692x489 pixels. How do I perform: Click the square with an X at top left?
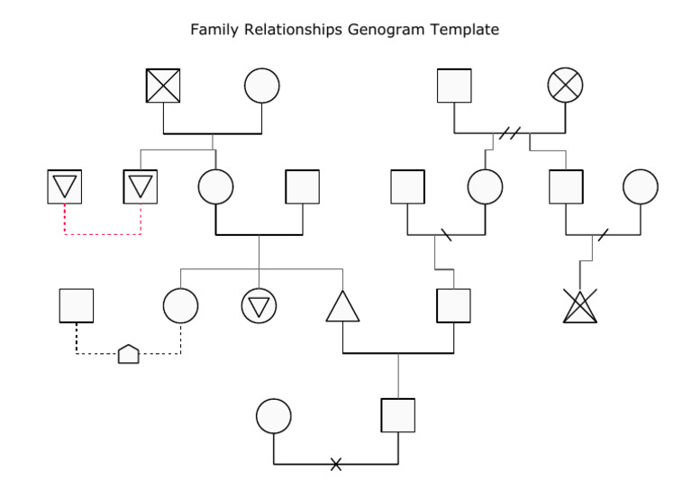tap(163, 86)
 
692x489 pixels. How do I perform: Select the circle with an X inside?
tap(565, 86)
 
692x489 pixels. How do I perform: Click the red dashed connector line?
tap(102, 234)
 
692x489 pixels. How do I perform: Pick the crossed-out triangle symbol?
tap(579, 307)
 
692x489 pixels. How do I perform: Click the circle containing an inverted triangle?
tap(259, 306)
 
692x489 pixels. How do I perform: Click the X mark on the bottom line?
tap(336, 464)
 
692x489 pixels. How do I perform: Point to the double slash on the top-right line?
tap(510, 134)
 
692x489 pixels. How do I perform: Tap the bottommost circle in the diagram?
tap(274, 416)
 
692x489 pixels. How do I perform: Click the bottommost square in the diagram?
tap(397, 415)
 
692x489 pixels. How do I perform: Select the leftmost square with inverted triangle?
tap(64, 186)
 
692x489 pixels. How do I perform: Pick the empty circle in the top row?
tap(262, 86)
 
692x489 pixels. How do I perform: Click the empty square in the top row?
tap(454, 86)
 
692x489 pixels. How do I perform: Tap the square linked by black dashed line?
tap(77, 306)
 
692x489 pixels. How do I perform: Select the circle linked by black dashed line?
tap(180, 306)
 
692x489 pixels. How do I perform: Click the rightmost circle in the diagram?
tap(641, 186)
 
